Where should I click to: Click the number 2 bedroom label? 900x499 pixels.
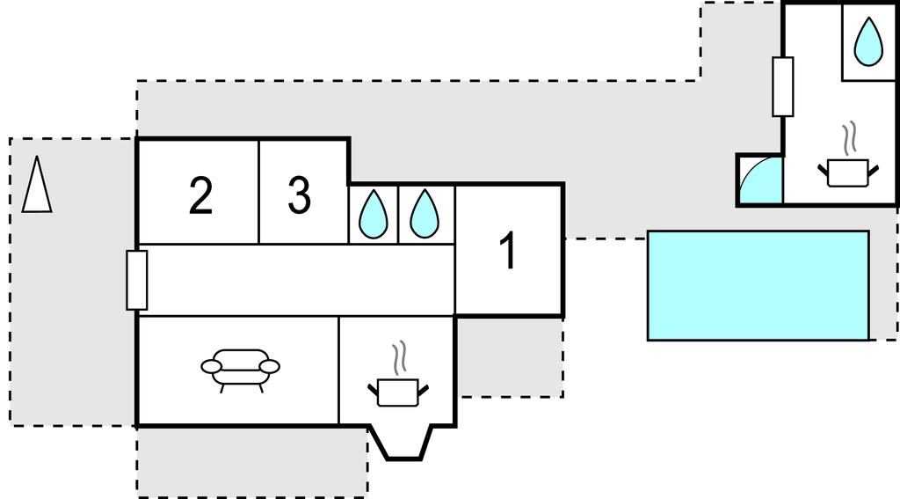pos(200,196)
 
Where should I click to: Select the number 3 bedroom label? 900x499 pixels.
pos(300,196)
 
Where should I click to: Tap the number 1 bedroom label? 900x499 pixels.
pos(508,252)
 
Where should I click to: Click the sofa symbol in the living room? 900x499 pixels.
pos(240,367)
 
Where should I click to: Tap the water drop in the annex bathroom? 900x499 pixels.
pos(869,42)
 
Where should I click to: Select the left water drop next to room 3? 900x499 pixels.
pos(374,214)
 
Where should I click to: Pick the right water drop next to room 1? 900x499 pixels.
pos(425,214)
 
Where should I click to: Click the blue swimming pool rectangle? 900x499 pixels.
pos(758,285)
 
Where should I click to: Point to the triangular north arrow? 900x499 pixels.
pos(36,185)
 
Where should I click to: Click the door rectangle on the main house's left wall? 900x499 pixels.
pos(136,280)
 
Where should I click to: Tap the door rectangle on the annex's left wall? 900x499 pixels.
pos(782,86)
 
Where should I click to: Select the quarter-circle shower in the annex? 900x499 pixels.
pos(759,181)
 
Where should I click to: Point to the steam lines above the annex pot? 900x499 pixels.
pos(848,138)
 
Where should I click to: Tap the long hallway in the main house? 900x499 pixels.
pos(299,280)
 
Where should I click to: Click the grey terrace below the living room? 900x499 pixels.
pos(250,462)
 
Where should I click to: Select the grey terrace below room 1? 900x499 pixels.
pos(510,356)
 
